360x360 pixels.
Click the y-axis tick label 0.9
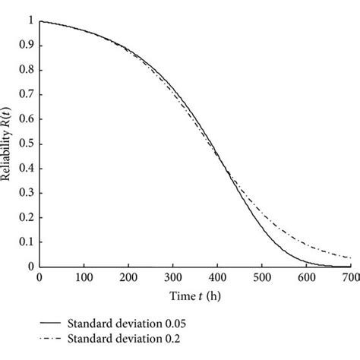click(x=27, y=46)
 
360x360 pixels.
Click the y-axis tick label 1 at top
click(x=31, y=21)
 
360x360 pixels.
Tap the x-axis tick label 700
click(x=350, y=278)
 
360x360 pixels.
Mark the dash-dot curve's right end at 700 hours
click(x=350, y=258)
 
